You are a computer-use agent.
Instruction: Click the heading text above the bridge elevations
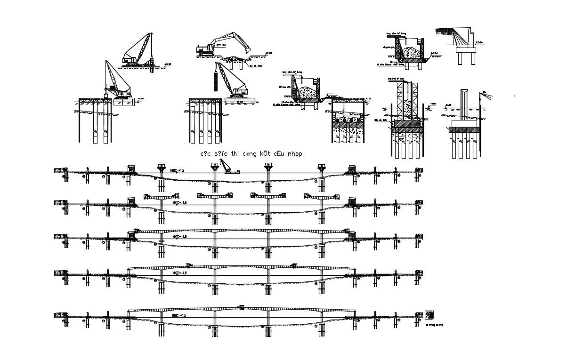tap(251, 154)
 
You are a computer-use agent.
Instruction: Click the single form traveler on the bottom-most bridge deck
tap(242, 307)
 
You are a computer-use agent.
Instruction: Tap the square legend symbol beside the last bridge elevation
tap(429, 315)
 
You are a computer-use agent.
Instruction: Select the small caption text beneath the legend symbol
tap(434, 325)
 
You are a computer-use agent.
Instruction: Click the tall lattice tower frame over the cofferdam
tap(407, 100)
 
